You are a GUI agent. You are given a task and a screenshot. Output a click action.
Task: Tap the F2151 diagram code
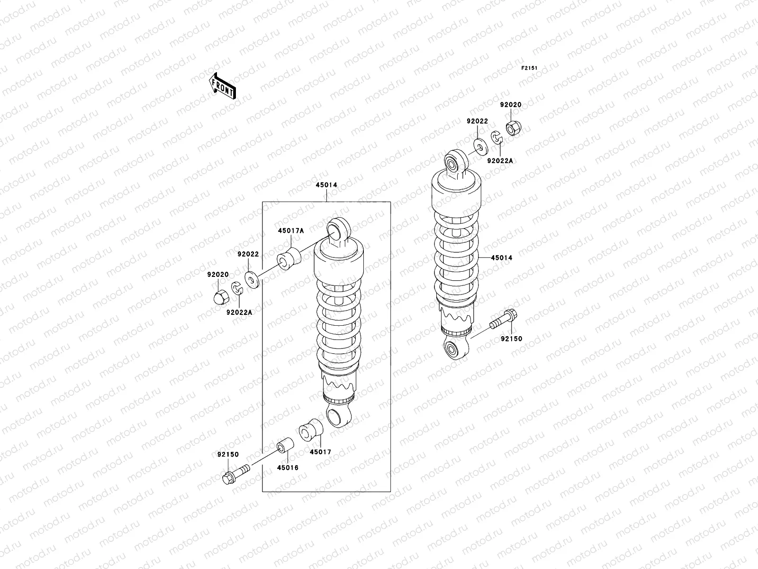(530, 68)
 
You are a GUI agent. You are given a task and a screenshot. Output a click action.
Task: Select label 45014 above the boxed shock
(326, 185)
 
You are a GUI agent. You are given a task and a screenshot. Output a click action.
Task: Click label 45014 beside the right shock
(501, 258)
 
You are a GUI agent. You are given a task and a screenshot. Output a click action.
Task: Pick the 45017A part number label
(291, 231)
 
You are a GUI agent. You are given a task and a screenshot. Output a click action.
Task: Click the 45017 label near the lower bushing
(320, 452)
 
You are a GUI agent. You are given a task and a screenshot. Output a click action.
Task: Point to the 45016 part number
(288, 468)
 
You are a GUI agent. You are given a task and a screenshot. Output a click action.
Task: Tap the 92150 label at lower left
(227, 455)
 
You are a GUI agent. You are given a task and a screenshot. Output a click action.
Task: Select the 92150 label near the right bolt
(512, 339)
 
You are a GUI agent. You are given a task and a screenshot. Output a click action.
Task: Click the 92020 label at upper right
(511, 104)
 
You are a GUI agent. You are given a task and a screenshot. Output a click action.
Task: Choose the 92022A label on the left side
(239, 312)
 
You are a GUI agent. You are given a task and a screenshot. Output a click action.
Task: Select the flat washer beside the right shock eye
(481, 147)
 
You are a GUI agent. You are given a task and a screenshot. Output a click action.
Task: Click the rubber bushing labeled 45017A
(290, 258)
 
